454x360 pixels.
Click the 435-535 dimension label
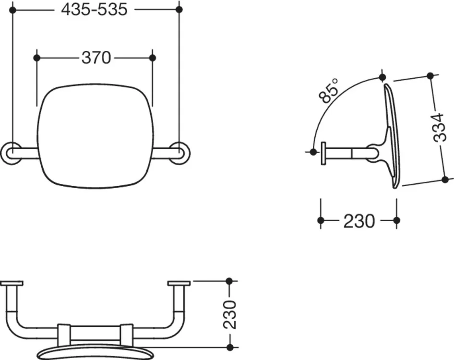pyautogui.click(x=94, y=10)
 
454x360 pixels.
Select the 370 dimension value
pyautogui.click(x=96, y=58)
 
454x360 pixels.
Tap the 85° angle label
pyautogui.click(x=328, y=90)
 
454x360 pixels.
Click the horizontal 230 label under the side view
pyautogui.click(x=359, y=221)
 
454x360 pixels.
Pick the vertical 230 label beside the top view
pyautogui.click(x=230, y=314)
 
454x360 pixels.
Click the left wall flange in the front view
pyautogui.click(x=11, y=153)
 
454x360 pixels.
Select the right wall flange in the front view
pyautogui.click(x=180, y=153)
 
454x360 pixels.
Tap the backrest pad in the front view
pyautogui.click(x=96, y=136)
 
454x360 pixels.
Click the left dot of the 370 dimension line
pyautogui.click(x=37, y=58)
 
